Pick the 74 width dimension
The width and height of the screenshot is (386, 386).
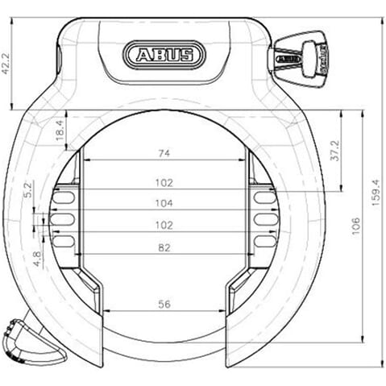[165, 152]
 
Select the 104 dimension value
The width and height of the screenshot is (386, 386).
[164, 204]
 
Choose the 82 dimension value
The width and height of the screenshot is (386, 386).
[164, 249]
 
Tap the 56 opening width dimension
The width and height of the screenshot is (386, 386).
[164, 304]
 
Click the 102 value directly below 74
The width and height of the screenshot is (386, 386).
[164, 182]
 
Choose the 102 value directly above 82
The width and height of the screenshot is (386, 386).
[164, 226]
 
